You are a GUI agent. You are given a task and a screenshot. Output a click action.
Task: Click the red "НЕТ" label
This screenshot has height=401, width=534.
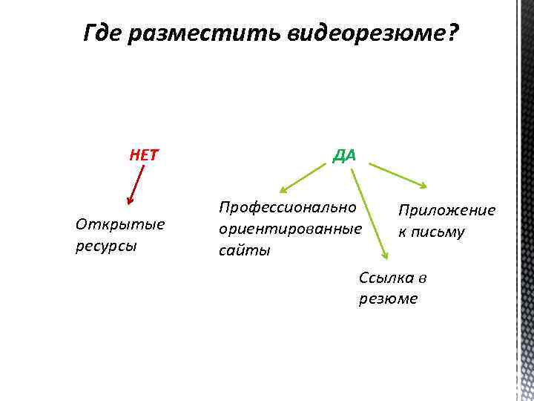(144, 156)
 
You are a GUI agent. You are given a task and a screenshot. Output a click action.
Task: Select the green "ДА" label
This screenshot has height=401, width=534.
(344, 155)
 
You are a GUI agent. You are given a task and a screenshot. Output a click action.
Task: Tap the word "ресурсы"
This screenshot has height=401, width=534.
(105, 246)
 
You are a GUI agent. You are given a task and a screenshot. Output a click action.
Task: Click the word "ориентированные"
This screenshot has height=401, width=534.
(290, 228)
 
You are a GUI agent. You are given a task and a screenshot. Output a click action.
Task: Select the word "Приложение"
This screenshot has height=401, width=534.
(446, 210)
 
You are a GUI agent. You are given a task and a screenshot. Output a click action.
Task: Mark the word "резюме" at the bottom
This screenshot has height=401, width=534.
(388, 299)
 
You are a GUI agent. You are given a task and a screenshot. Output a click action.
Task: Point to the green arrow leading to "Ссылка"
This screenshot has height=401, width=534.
(369, 212)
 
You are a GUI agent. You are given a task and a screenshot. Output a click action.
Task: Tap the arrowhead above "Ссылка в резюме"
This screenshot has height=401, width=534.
(385, 255)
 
